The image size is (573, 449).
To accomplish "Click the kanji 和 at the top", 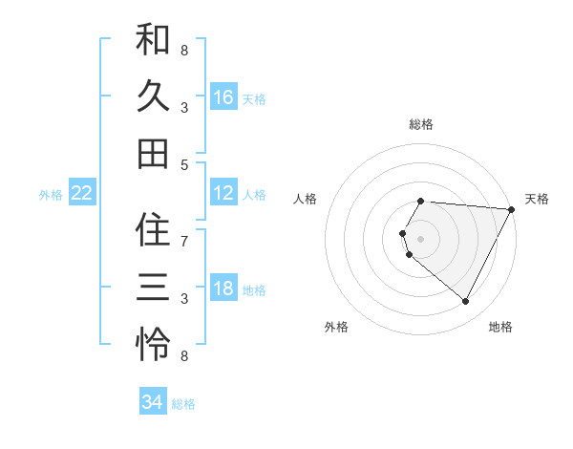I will pyautogui.click(x=153, y=41).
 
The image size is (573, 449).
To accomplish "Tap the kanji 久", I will pyautogui.click(x=153, y=96).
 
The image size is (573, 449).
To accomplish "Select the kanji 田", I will pyautogui.click(x=153, y=153).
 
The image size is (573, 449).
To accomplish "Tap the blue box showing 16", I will pyautogui.click(x=223, y=97).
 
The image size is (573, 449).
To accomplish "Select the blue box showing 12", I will pyautogui.click(x=223, y=193).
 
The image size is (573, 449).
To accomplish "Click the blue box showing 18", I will pyautogui.click(x=223, y=289).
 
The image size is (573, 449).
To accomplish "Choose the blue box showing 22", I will pyautogui.click(x=82, y=193).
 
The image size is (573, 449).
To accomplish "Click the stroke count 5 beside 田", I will pyautogui.click(x=184, y=164).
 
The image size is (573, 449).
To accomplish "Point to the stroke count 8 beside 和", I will pyautogui.click(x=184, y=49).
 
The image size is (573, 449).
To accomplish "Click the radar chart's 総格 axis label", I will pyautogui.click(x=421, y=124).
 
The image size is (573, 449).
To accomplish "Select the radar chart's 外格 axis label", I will pyautogui.click(x=335, y=327).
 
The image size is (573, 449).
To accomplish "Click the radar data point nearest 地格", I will pyautogui.click(x=465, y=302).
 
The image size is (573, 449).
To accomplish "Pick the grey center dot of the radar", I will pyautogui.click(x=421, y=238).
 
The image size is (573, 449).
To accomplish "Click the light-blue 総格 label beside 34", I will pyautogui.click(x=183, y=404).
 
